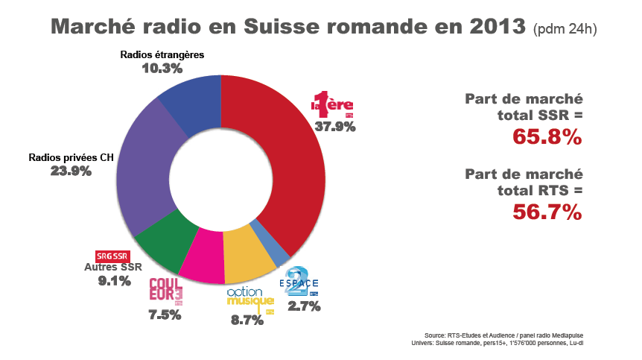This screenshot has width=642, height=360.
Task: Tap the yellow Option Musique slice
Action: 248,253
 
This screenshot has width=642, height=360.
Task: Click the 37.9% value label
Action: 334,126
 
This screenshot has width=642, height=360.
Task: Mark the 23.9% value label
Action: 71,171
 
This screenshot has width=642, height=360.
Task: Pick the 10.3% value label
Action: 162,69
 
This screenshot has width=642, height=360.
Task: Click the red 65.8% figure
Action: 547,137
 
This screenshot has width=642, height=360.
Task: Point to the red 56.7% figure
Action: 547,212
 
